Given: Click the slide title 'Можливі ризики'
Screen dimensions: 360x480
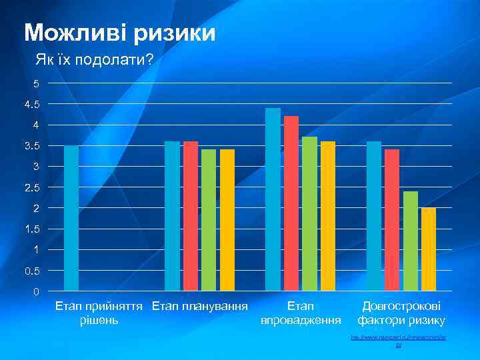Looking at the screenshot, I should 120,32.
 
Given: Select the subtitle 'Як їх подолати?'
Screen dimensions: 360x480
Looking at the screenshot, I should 94,61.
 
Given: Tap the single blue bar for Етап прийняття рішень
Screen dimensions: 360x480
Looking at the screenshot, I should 71,218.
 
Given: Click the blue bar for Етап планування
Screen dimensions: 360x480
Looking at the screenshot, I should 172,216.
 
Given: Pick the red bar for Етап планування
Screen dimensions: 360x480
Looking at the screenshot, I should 191,216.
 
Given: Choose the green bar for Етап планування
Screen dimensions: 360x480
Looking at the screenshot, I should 209,220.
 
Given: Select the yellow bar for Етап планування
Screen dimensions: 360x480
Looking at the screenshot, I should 227,220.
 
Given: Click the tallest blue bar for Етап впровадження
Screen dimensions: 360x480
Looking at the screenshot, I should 273,199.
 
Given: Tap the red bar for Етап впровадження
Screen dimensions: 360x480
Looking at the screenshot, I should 291,203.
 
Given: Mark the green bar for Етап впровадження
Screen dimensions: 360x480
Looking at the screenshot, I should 309,214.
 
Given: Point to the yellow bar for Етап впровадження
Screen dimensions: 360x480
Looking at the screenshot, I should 328,216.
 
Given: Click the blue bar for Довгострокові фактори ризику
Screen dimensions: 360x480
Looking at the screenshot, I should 374,216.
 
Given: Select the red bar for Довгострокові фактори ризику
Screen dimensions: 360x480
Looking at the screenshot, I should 392,220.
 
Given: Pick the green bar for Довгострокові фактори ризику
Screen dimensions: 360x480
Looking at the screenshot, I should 411,241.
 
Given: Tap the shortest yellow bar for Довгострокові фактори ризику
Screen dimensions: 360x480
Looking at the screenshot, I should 429,249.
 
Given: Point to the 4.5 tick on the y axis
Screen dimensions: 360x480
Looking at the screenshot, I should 31,105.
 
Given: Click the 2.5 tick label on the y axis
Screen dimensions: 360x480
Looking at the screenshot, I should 31,188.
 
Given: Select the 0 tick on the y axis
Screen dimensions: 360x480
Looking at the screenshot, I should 36,292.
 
